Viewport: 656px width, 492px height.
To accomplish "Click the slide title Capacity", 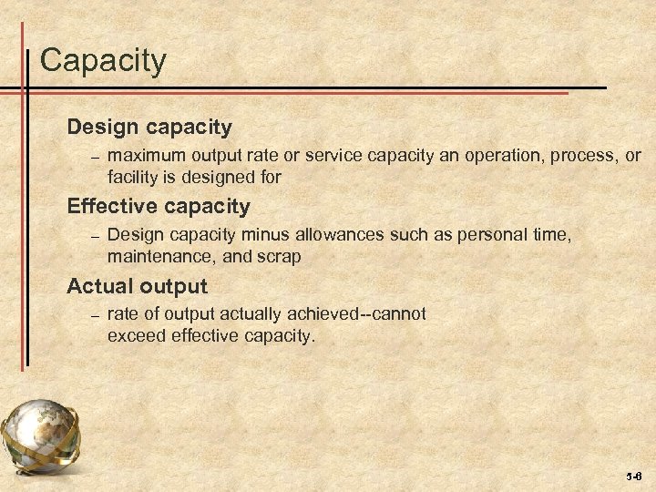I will [x=104, y=61].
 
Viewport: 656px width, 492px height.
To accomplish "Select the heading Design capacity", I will [x=149, y=126].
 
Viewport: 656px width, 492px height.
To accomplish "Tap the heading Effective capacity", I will [x=159, y=206].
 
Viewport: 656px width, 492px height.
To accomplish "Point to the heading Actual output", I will [x=138, y=286].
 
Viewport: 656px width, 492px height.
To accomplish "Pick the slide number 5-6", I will [x=633, y=477].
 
